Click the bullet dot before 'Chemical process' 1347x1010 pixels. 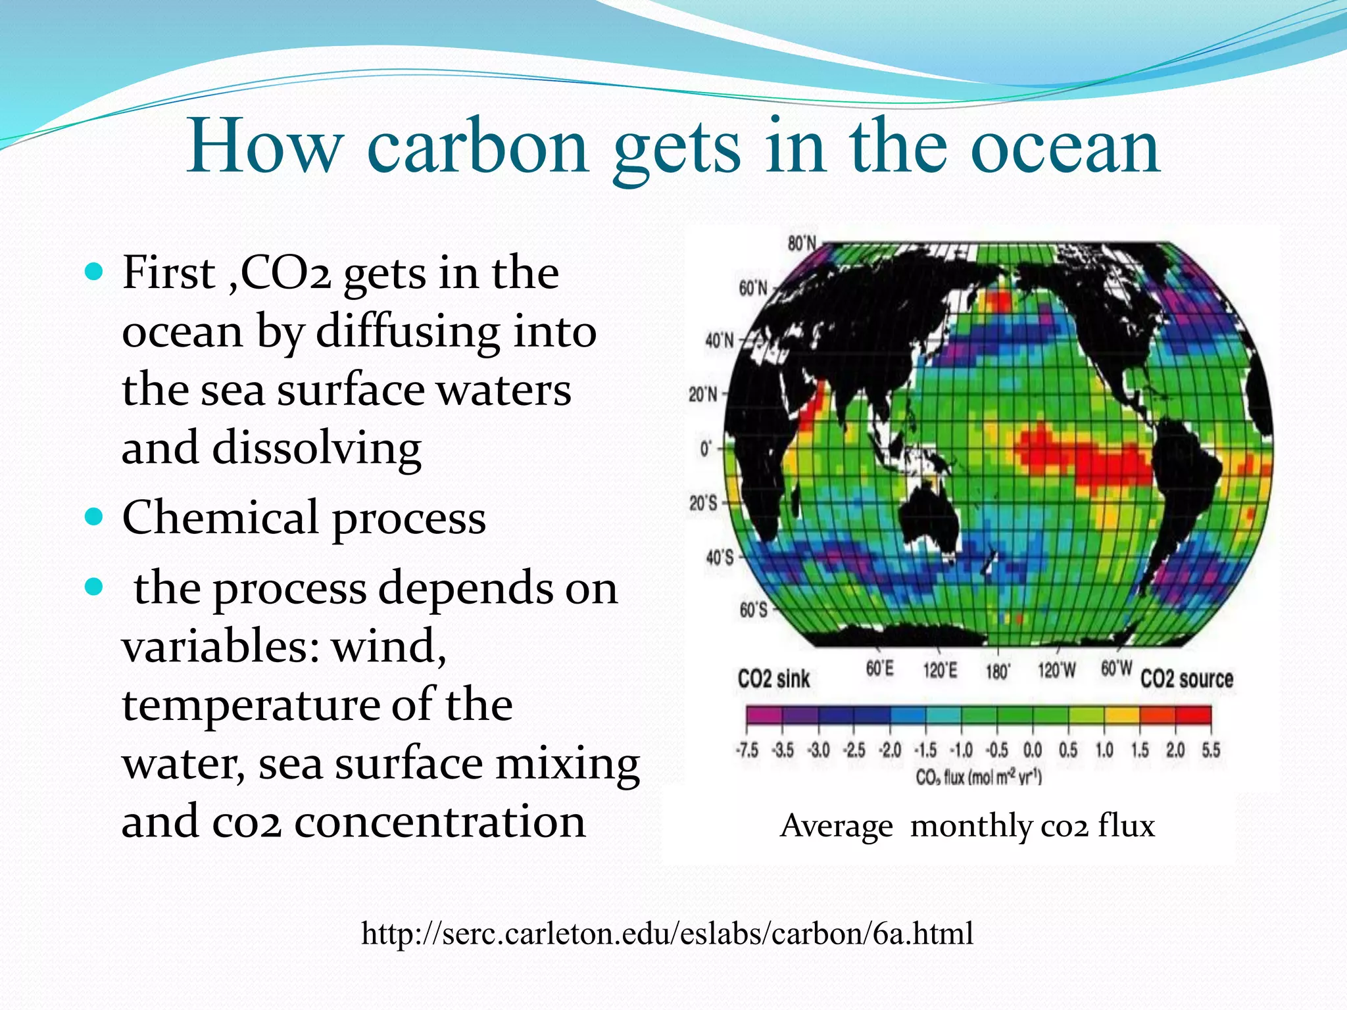point(95,517)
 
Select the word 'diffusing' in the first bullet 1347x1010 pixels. point(408,331)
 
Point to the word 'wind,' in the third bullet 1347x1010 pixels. point(388,646)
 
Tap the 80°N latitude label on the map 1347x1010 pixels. point(801,244)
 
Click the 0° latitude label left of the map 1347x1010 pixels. point(705,449)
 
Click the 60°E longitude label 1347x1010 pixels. point(879,669)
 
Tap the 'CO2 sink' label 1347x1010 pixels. point(773,679)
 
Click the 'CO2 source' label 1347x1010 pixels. point(1187,679)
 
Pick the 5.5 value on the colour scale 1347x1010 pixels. point(1211,750)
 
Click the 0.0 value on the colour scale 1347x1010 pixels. point(1033,750)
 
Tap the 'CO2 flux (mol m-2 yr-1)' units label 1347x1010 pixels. point(979,778)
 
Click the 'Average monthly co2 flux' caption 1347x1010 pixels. point(967,825)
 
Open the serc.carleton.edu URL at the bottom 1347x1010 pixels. point(667,933)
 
